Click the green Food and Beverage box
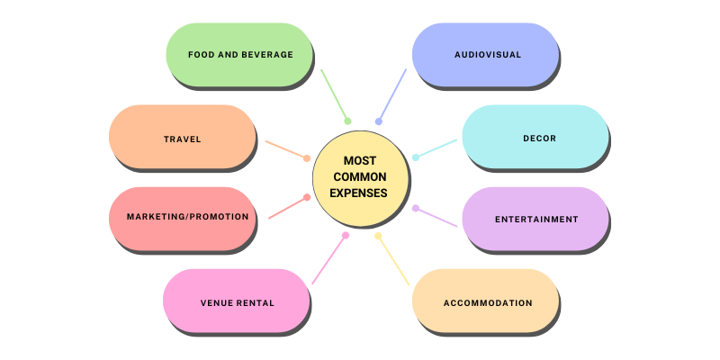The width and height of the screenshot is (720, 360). tap(239, 55)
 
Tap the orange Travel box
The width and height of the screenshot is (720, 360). tap(182, 139)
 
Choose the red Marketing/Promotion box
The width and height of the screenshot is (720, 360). tap(182, 218)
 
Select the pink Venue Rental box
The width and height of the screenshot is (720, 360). tap(237, 301)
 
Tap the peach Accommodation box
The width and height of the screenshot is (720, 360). tap(486, 302)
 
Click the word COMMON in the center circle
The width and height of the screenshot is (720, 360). tap(359, 176)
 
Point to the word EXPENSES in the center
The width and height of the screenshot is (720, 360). tap(359, 193)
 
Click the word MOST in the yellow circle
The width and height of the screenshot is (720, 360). tap(359, 160)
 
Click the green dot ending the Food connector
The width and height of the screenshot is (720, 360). tap(347, 121)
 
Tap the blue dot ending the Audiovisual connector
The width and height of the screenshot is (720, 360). tap(379, 121)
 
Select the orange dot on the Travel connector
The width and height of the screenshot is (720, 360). tap(307, 158)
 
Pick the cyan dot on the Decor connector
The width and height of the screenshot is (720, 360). tap(416, 157)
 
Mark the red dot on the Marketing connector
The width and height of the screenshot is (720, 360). tap(307, 197)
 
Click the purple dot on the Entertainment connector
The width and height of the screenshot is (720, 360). tap(416, 208)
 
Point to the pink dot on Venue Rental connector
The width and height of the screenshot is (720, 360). tap(346, 236)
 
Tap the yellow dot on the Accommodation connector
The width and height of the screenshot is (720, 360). tap(378, 236)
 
